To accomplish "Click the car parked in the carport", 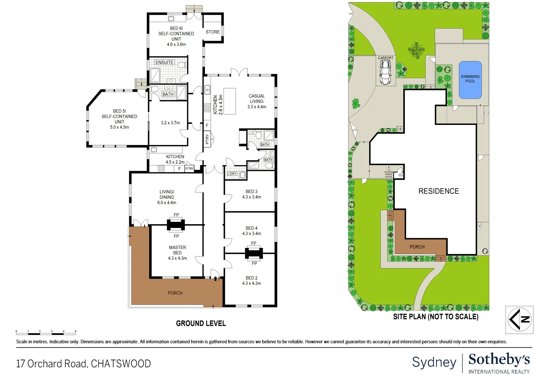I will (385, 72).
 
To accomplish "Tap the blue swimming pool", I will (470, 80).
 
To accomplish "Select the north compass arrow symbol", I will (519, 319).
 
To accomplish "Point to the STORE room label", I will (213, 32).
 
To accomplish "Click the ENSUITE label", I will (164, 62).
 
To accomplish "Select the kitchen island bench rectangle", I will (229, 101).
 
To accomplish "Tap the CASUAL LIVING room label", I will (257, 101).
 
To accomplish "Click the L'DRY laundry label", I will (232, 173).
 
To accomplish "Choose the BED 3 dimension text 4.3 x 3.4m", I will (251, 197).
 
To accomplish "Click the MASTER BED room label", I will (177, 250).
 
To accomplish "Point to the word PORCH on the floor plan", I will (175, 293).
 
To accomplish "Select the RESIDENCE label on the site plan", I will (439, 191).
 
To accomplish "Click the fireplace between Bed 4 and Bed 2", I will (254, 253).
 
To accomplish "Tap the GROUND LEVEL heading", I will (201, 323).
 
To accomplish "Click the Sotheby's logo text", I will (499, 360).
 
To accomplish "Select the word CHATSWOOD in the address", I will (121, 364).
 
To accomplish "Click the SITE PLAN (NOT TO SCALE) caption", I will (435, 317).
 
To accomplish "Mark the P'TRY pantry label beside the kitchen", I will (207, 139).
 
